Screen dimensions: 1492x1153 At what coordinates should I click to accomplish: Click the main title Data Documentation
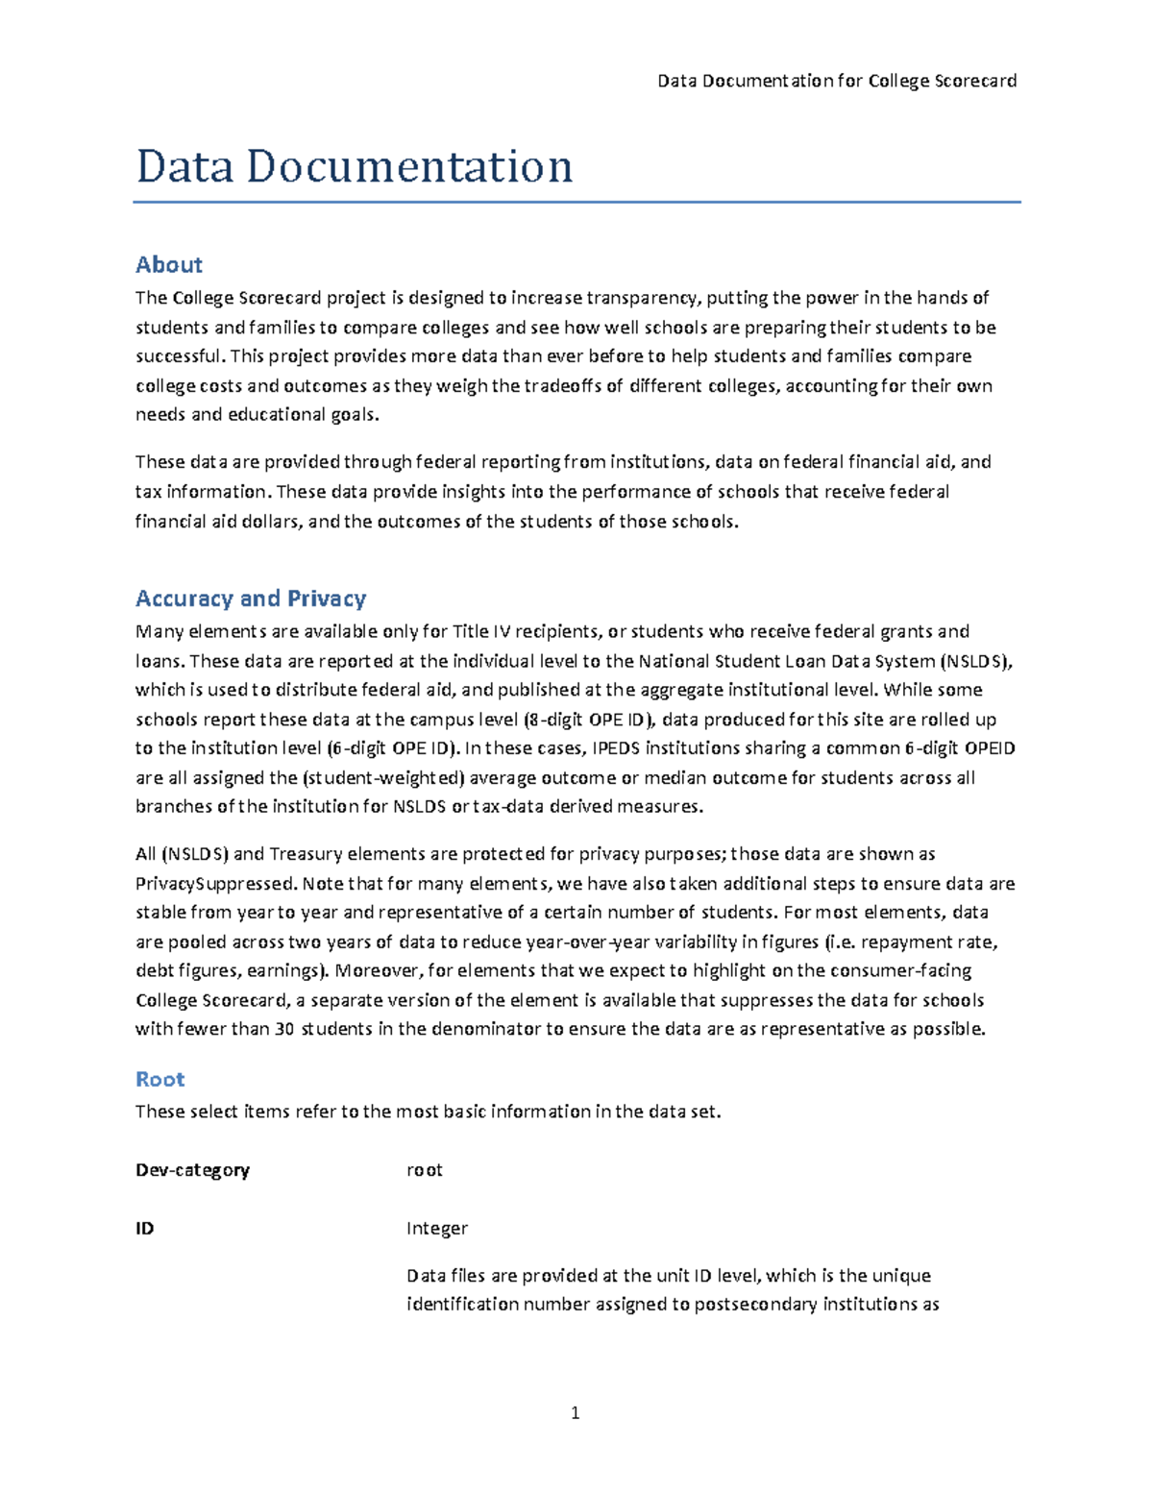coord(355,166)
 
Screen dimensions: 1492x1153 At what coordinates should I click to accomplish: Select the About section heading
coord(169,264)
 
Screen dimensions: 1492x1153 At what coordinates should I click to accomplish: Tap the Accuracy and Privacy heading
coord(251,599)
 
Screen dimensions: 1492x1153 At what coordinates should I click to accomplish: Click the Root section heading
coord(159,1079)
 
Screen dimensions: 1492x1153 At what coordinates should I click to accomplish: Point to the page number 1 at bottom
coord(575,1412)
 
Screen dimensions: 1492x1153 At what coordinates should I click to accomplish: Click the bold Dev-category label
coord(192,1170)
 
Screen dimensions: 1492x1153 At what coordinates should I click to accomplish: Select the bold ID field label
coord(144,1228)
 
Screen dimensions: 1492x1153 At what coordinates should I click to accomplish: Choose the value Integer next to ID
coord(437,1228)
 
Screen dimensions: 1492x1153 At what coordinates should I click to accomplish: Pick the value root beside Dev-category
coord(424,1170)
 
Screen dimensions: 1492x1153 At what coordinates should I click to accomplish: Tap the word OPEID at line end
coord(989,748)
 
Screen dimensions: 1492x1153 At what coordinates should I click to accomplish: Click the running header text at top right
coord(836,81)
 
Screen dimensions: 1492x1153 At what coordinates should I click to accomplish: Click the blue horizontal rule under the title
coord(576,203)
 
